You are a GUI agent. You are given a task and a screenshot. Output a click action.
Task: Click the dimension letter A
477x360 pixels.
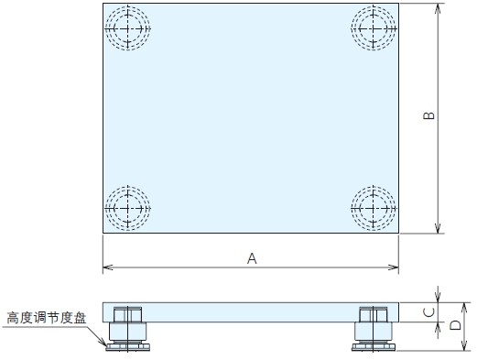[252, 258]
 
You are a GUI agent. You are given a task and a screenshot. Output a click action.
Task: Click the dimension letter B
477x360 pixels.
[429, 115]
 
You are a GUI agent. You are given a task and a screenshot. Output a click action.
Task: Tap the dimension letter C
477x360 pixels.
[429, 312]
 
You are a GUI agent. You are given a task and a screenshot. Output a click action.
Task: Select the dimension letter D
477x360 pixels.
[455, 325]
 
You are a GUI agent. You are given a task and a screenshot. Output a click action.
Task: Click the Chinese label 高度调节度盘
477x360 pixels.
[47, 318]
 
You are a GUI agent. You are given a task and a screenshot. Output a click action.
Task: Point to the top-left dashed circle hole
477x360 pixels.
[128, 28]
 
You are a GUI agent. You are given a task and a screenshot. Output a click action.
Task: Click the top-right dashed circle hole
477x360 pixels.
[374, 28]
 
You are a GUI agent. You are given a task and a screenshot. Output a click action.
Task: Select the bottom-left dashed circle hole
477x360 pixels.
[128, 208]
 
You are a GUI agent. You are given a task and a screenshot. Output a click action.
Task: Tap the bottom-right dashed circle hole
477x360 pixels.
[374, 208]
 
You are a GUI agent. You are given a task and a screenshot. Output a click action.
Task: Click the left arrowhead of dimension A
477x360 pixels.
[107, 267]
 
